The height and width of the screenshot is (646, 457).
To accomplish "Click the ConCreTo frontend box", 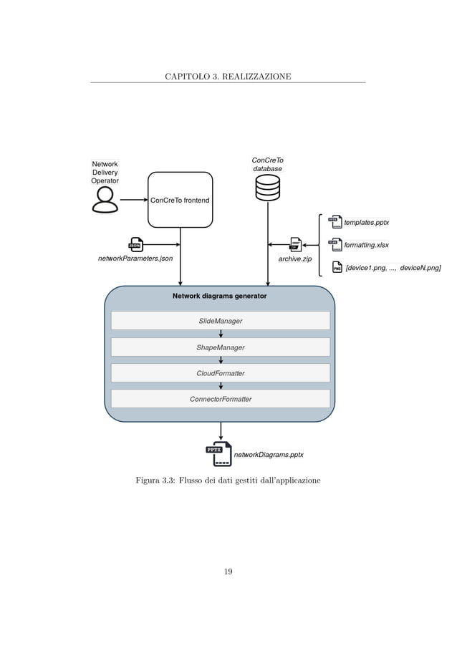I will [x=180, y=200].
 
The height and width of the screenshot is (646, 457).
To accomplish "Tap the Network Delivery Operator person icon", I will [x=105, y=200].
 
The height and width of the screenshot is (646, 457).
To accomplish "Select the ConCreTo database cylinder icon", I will [x=267, y=188].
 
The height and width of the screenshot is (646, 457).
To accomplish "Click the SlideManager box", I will [x=220, y=321].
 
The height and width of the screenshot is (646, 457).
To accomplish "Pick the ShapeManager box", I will [x=220, y=347].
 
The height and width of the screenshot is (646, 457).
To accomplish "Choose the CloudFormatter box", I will [x=220, y=373].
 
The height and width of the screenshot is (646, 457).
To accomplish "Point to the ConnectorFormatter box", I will [x=220, y=399].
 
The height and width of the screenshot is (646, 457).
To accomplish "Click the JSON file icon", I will [x=135, y=244].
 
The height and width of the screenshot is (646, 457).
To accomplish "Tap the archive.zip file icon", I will [x=295, y=245].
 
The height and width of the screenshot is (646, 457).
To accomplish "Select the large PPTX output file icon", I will [x=218, y=454].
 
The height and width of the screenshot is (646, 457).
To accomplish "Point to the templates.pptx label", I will [x=366, y=223].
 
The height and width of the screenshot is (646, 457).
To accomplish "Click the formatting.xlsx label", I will [x=366, y=245].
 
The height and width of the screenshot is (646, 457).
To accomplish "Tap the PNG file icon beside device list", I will [x=336, y=268].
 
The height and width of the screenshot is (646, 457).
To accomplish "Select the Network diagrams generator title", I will [x=219, y=296].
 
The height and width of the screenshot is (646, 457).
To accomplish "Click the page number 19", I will [x=228, y=571].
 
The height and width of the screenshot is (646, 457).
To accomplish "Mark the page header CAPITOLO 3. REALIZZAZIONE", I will [x=228, y=76].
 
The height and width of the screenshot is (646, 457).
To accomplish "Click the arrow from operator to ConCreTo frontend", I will [x=133, y=201].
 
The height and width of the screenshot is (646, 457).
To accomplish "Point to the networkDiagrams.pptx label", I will [x=269, y=455].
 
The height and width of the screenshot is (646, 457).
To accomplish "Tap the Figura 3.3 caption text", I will [x=228, y=480].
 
